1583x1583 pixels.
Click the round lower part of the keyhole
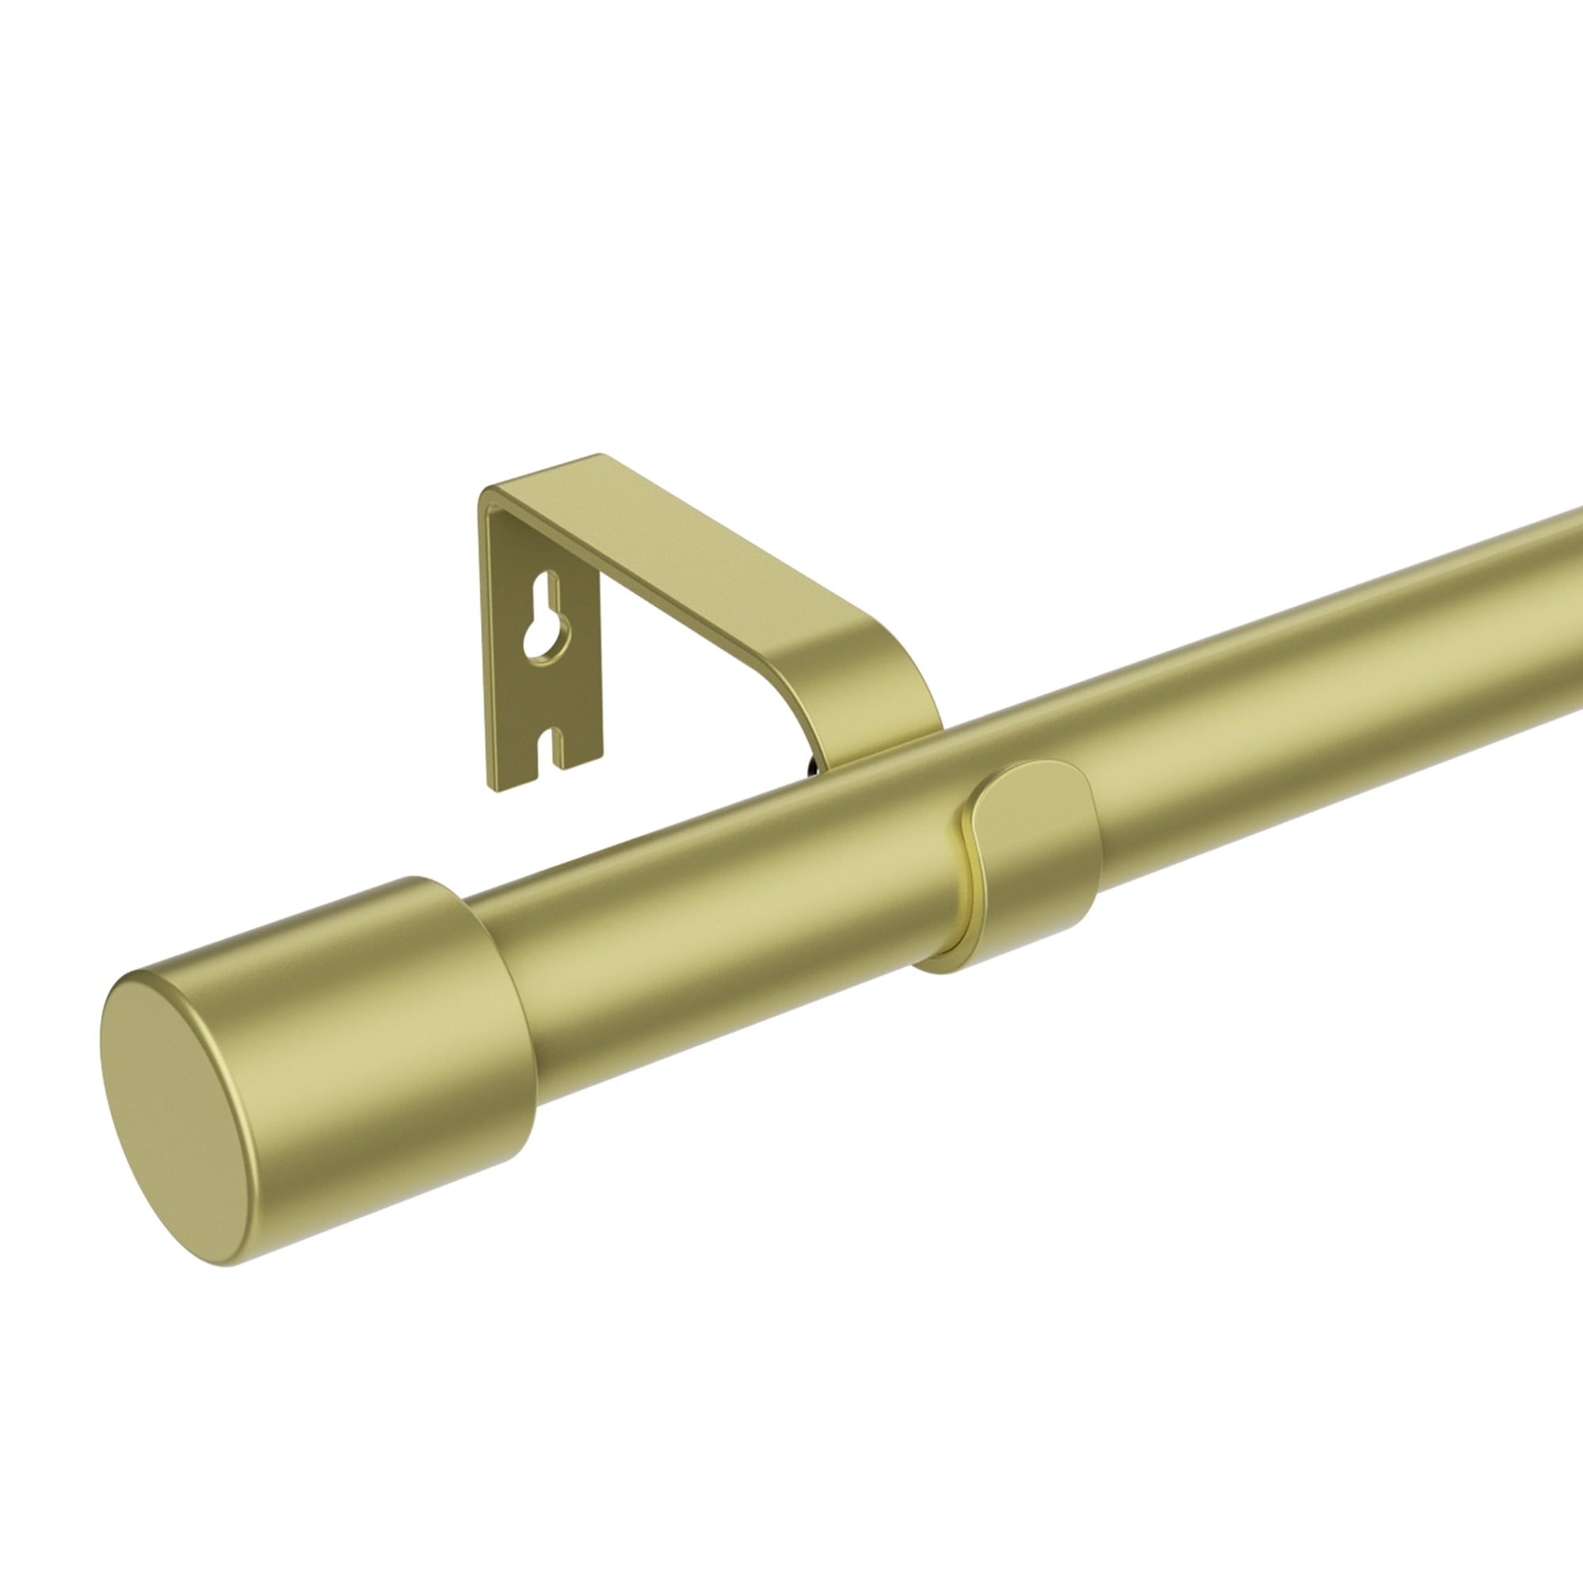pos(541,647)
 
